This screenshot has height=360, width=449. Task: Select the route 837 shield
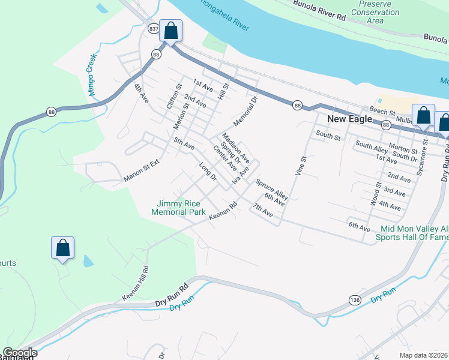153,29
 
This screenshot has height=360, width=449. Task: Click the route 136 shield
355,299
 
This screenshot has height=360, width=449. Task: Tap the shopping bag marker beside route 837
170,32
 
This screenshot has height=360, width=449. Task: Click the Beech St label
382,112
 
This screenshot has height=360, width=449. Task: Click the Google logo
19,353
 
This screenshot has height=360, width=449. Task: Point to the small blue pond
88,261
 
